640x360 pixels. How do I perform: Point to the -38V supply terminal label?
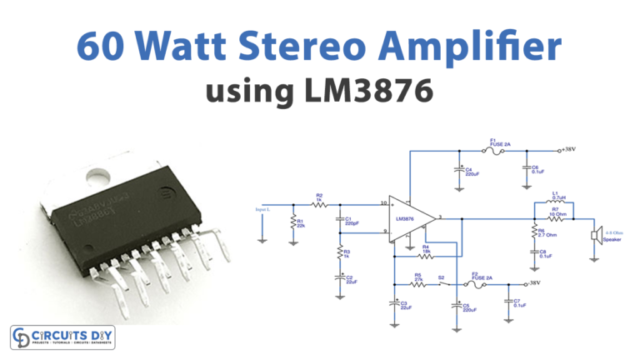point(532,282)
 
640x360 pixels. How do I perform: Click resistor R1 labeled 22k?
point(292,222)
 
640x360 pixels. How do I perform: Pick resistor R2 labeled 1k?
point(318,204)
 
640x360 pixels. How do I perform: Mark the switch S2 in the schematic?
point(442,283)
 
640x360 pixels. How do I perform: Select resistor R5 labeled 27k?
point(417,283)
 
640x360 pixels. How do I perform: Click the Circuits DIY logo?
point(62,337)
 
